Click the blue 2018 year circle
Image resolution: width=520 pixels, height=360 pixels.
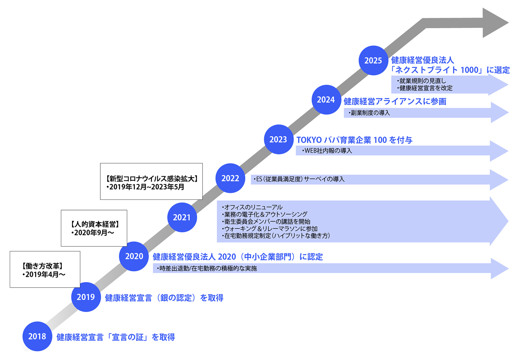[x=37, y=336]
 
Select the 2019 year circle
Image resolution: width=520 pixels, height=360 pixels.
[x=86, y=297]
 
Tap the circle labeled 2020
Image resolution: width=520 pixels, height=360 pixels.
[x=134, y=256]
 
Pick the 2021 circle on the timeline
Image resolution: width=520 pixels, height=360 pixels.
[x=182, y=217]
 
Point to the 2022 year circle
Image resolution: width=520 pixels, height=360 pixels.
[x=230, y=178]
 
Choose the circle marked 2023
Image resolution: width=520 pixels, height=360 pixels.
[x=278, y=139]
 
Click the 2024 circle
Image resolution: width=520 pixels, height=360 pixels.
[x=326, y=100]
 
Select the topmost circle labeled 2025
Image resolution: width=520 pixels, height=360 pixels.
[x=373, y=61]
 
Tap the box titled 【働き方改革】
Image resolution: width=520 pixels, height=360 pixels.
[x=45, y=269]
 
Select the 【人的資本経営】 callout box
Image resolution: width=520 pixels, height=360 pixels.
[x=94, y=228]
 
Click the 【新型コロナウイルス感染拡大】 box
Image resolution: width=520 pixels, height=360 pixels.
[x=151, y=182]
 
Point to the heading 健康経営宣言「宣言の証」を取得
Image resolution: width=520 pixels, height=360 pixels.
[x=116, y=337]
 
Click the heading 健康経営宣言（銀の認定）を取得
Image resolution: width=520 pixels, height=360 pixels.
[x=164, y=298]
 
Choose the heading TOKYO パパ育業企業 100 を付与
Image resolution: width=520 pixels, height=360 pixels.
[x=354, y=140]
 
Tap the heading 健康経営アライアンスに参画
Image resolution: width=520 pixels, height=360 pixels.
[x=395, y=101]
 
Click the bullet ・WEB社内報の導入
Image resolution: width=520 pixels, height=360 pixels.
[x=327, y=151]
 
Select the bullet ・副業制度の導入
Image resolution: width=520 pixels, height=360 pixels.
[x=369, y=113]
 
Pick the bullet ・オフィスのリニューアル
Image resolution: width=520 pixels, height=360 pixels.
[x=252, y=207]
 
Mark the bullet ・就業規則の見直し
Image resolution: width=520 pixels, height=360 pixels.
[x=421, y=81]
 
